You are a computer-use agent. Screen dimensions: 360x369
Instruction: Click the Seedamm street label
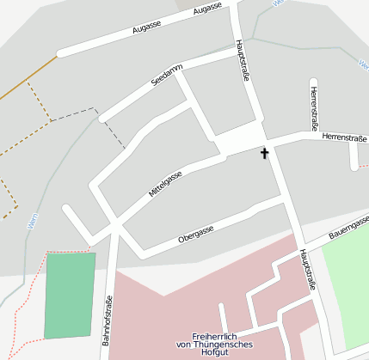tap(167, 76)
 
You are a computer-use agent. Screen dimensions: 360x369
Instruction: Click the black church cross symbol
tap(264, 154)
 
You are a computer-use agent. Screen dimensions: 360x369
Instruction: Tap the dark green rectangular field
tap(69, 295)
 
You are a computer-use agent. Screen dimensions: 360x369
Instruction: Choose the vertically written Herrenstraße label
tap(315, 107)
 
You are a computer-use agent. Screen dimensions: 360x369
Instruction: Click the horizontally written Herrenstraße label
tap(344, 136)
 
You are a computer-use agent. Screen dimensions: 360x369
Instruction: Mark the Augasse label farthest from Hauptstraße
tap(146, 27)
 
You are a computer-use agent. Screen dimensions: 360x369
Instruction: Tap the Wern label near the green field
tap(32, 221)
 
